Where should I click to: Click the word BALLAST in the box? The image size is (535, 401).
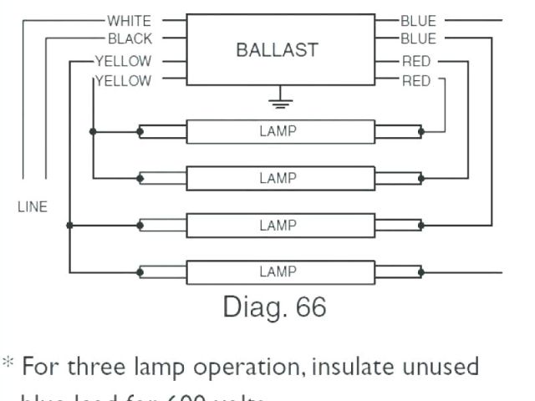click(x=277, y=49)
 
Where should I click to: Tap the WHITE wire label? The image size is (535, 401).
click(x=130, y=18)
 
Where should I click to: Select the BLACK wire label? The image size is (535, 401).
click(x=130, y=39)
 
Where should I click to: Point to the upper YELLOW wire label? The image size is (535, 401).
click(x=123, y=61)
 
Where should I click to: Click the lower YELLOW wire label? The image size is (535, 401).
click(x=123, y=81)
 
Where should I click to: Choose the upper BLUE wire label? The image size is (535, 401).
click(x=418, y=18)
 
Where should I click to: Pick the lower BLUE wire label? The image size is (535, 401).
click(x=418, y=39)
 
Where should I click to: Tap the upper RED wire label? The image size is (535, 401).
click(x=416, y=61)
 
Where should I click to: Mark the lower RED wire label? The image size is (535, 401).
click(x=416, y=81)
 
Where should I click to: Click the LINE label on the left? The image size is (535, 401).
click(x=33, y=207)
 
